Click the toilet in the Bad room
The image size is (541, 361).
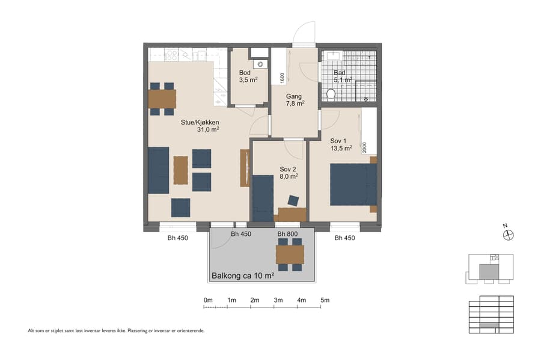click(x=331, y=94)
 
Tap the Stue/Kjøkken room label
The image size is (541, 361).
click(x=200, y=122)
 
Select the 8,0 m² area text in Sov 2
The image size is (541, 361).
click(x=289, y=177)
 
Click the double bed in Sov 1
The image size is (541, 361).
click(x=353, y=185)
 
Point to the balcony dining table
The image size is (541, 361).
click(x=290, y=255)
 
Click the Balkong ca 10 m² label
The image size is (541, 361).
click(x=243, y=276)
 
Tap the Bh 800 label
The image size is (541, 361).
click(x=289, y=234)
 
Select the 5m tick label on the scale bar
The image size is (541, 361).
click(x=325, y=300)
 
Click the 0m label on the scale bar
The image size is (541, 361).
click(x=208, y=300)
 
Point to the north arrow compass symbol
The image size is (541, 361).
click(x=506, y=235)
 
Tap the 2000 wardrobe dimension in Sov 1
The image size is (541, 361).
click(x=364, y=147)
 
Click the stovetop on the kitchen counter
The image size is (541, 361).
click(x=171, y=55)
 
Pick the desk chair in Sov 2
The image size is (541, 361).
click(x=293, y=200)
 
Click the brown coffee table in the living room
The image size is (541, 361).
click(x=180, y=170)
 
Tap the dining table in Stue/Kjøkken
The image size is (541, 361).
click(x=162, y=99)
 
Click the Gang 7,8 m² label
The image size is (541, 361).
click(x=295, y=99)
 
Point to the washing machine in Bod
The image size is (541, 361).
click(x=260, y=64)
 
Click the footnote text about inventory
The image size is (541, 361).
click(x=116, y=330)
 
